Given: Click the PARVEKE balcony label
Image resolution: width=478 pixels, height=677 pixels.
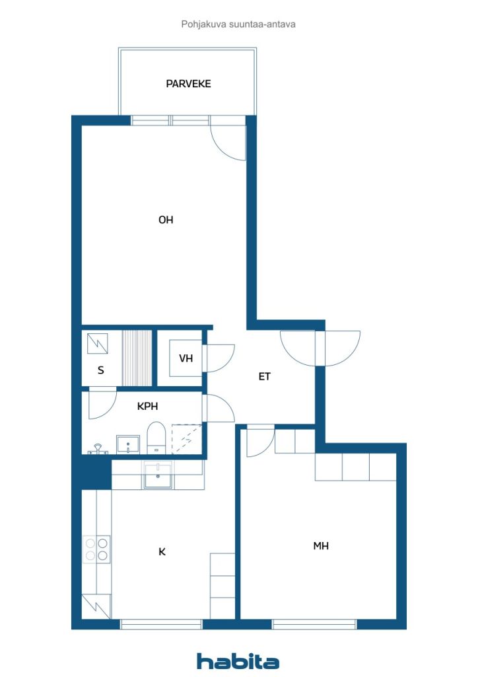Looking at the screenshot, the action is pos(188,83).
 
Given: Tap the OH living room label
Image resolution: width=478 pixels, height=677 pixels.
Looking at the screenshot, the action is pos(166,219).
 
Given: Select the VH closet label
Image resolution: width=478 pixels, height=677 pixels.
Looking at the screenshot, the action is pos(186,358).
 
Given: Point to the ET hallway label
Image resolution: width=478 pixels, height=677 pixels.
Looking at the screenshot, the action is pos(264,376).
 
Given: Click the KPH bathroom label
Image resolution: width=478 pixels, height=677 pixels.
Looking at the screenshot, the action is pos(147,407).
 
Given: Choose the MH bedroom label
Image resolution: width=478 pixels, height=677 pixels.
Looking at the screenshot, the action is pos(321,545).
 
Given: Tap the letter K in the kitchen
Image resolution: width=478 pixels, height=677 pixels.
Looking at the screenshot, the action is pos(162,552).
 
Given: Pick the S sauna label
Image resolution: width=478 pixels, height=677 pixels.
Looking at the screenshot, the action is pos(101,370).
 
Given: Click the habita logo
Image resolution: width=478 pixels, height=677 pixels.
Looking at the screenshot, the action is pos(238,661).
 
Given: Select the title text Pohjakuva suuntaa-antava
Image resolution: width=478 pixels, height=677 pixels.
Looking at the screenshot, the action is pos(238,24).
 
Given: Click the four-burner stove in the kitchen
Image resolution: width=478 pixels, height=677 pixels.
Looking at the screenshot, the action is pos(96,548).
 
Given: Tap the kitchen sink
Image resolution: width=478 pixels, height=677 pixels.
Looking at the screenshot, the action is pos(158,475).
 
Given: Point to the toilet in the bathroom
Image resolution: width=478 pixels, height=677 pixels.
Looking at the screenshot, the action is pos(156,438).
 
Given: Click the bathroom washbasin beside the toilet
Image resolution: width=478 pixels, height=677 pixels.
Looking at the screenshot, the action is pos(128,444).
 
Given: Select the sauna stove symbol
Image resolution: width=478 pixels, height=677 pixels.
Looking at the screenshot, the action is pos(98,344).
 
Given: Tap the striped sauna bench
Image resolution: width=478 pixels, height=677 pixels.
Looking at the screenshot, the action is pos(137,358).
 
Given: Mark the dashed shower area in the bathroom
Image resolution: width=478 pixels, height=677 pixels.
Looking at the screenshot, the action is pos(187,439).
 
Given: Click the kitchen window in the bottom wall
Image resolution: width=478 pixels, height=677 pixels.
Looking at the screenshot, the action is pos(161,624).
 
